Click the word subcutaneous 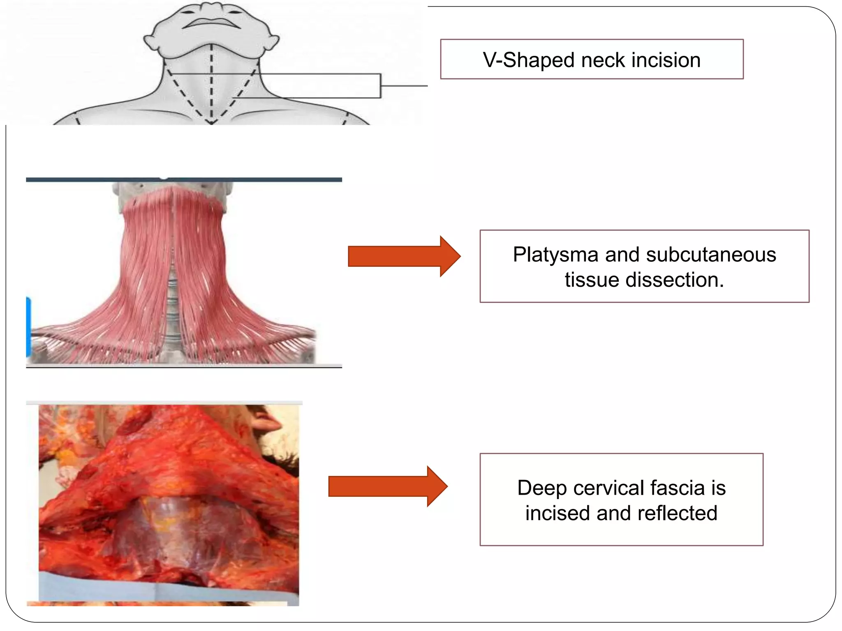point(711,254)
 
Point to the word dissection point(674,280)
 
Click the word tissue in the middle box point(592,280)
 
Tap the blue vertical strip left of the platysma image point(28,327)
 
